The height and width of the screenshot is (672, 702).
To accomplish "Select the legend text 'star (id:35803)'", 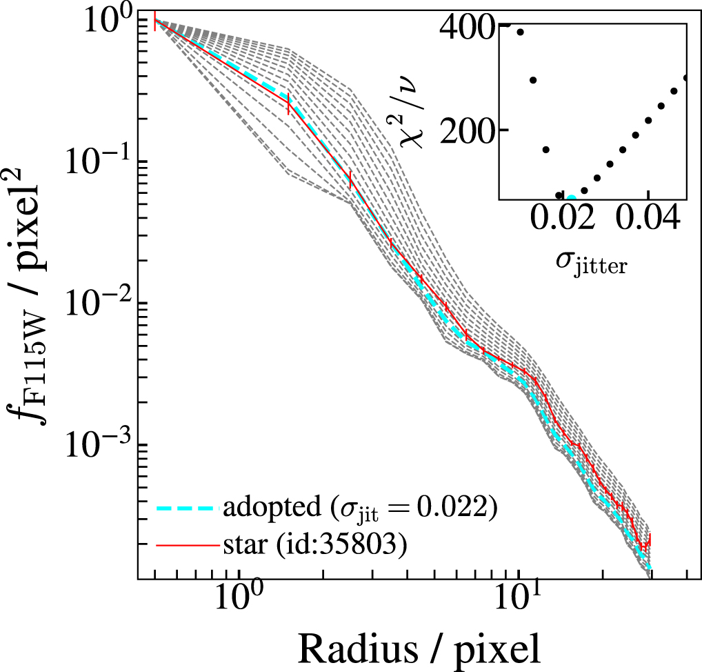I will [314, 545].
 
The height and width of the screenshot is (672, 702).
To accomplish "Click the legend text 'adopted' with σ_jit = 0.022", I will [360, 510].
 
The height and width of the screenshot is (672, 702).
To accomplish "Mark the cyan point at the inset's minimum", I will [571, 198].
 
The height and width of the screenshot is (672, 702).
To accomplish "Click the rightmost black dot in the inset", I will [685, 78].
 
